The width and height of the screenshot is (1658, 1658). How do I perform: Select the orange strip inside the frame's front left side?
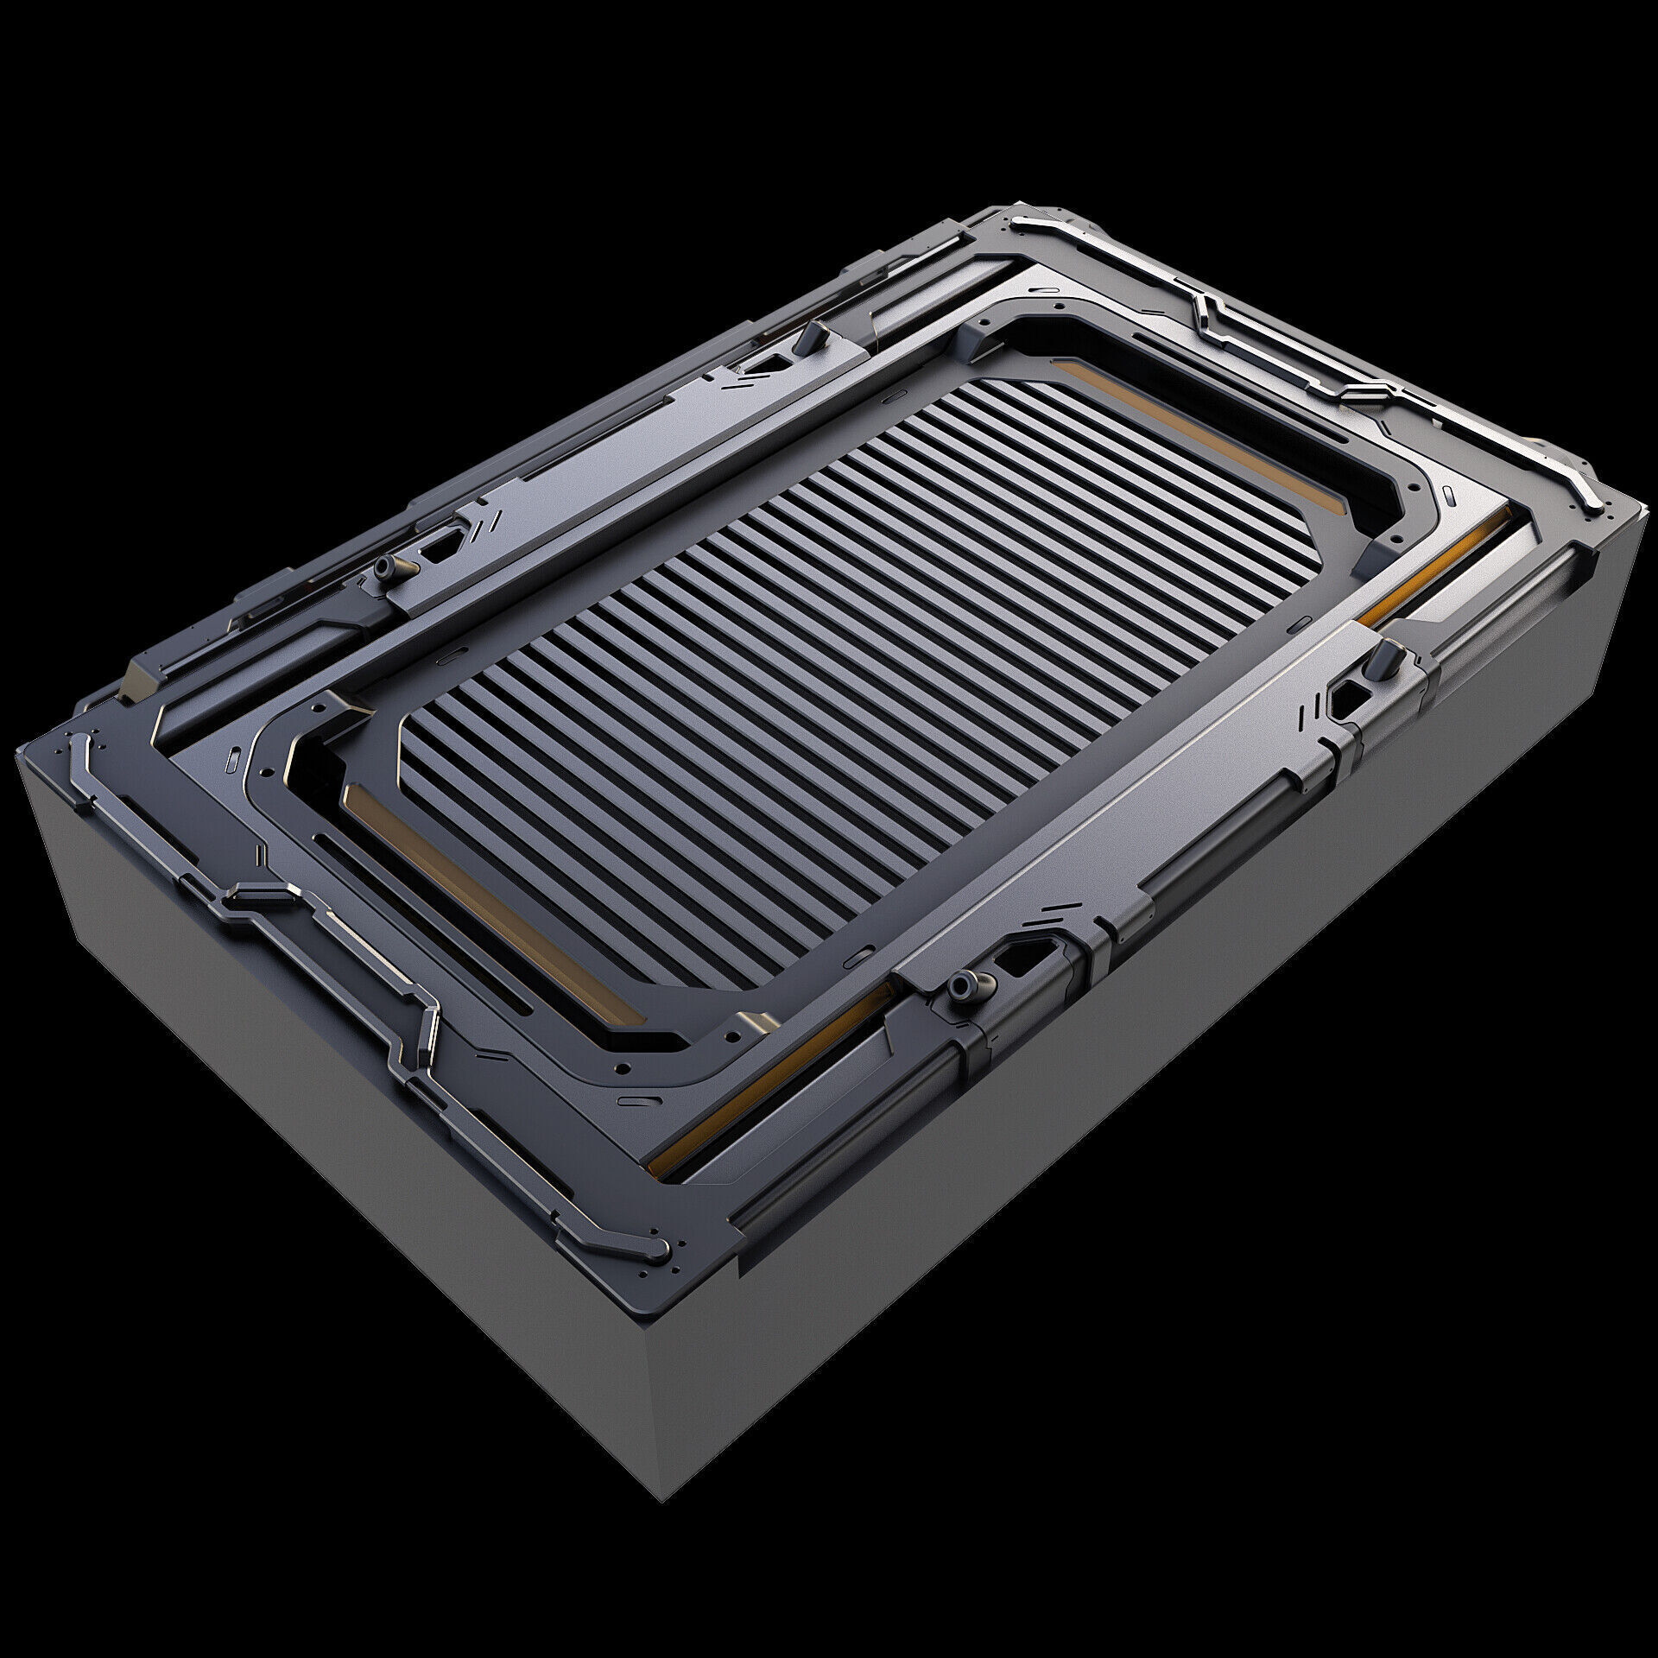pyautogui.click(x=484, y=898)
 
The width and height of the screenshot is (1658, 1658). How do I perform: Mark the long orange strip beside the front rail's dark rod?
pyautogui.click(x=760, y=1097)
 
